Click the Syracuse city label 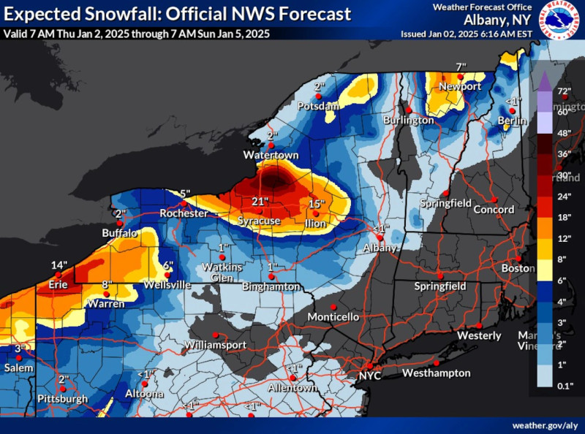pyautogui.click(x=259, y=220)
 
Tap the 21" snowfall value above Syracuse pyautogui.click(x=260, y=201)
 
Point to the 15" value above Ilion pyautogui.click(x=317, y=204)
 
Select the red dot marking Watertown pyautogui.click(x=271, y=145)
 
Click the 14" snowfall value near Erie pyautogui.click(x=59, y=264)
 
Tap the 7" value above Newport pyautogui.click(x=461, y=67)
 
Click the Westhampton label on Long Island pyautogui.click(x=437, y=373)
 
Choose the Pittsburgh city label pyautogui.click(x=64, y=399)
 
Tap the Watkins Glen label pyautogui.click(x=222, y=272)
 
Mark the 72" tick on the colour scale pyautogui.click(x=563, y=91)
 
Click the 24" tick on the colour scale pyautogui.click(x=563, y=195)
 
